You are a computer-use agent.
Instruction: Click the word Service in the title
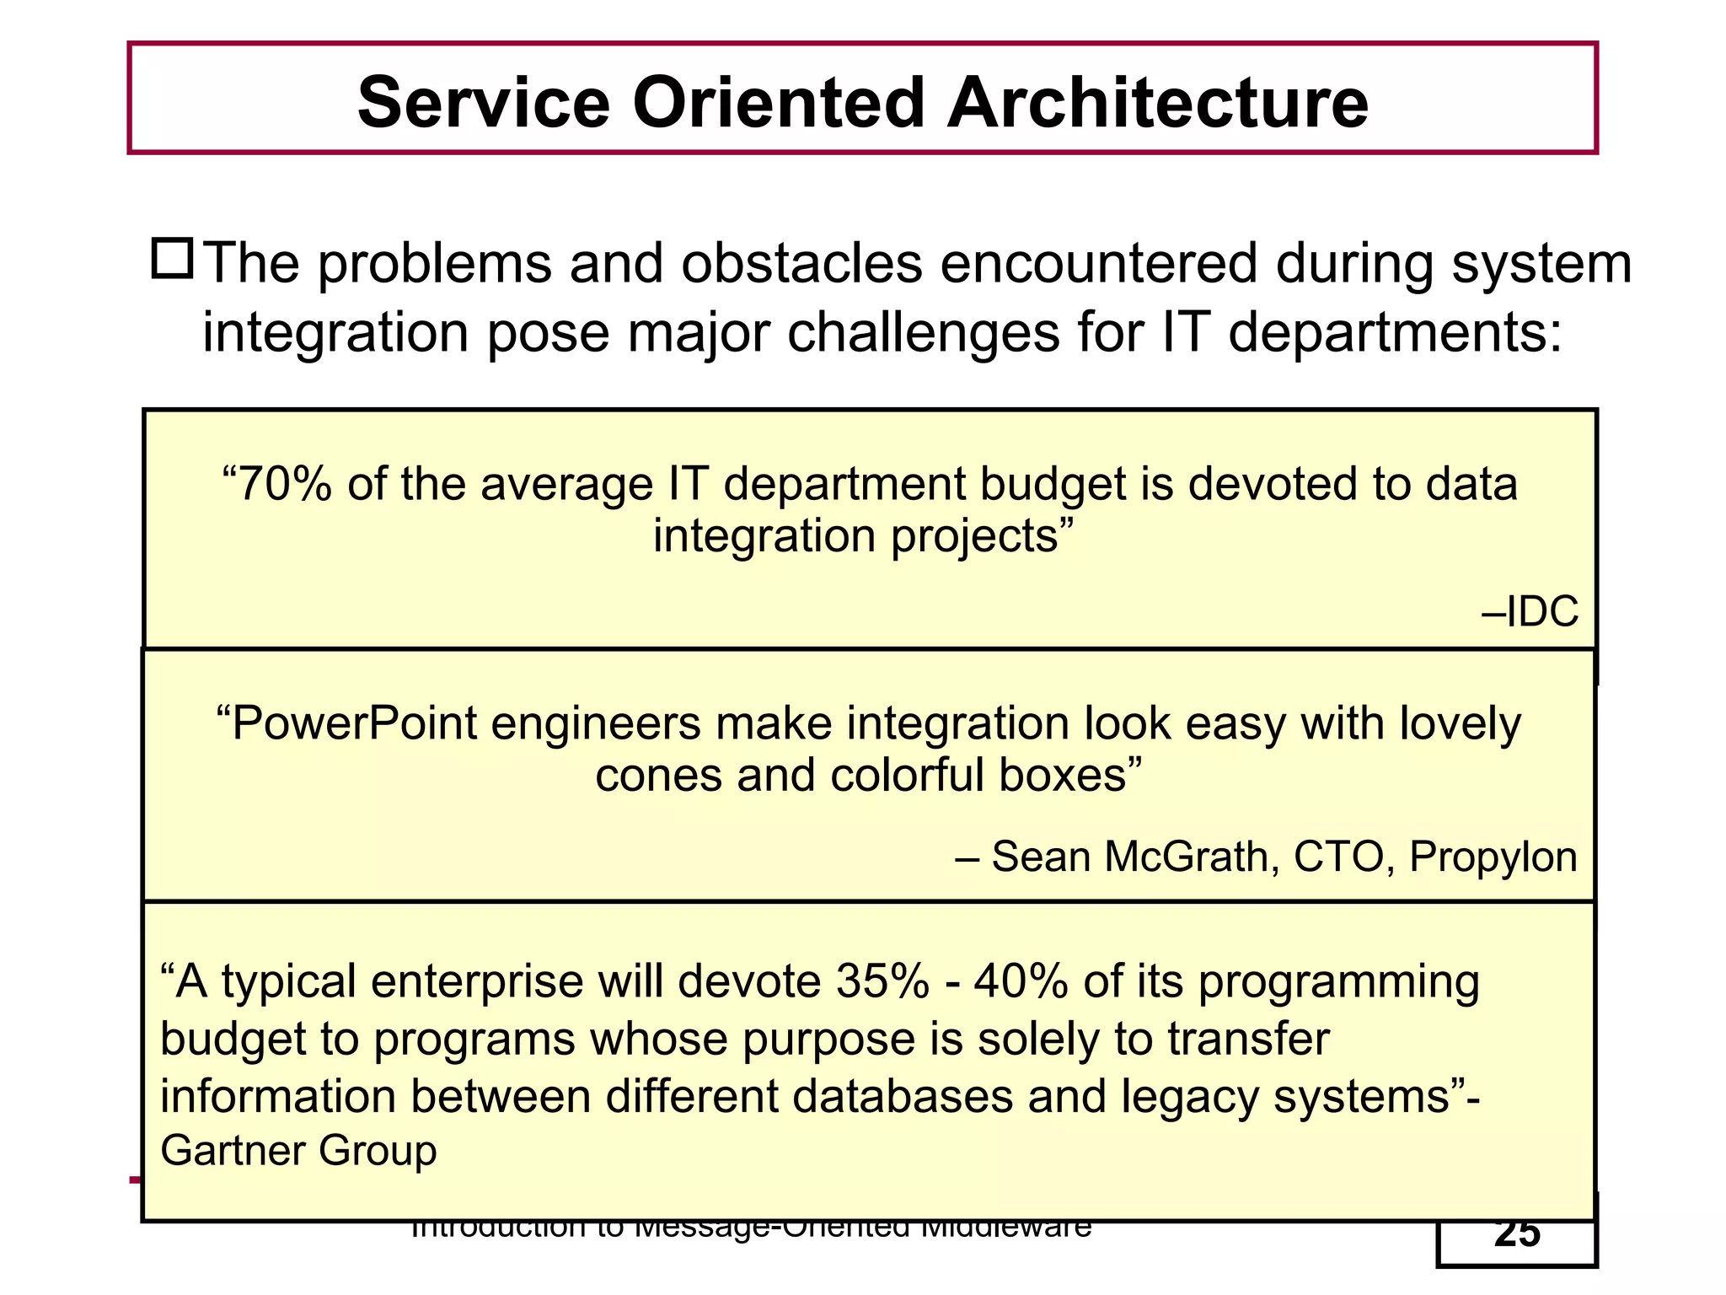click(x=483, y=102)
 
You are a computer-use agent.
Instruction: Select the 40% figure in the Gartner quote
click(x=1021, y=982)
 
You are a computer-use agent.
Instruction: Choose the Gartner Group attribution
click(x=298, y=1151)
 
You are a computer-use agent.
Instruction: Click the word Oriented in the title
click(x=779, y=102)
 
